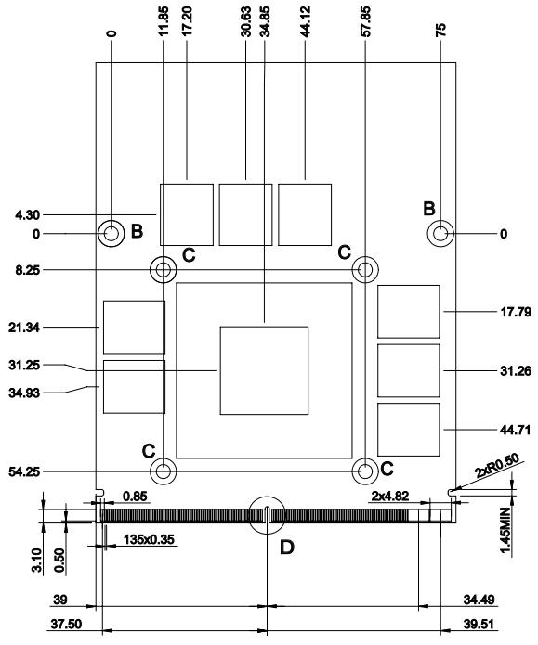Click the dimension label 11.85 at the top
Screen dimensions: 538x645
pyautogui.click(x=164, y=21)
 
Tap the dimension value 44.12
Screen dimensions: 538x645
pyautogui.click(x=306, y=21)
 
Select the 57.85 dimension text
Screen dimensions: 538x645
pyautogui.click(x=365, y=21)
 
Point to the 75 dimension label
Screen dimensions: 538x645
pyautogui.click(x=440, y=30)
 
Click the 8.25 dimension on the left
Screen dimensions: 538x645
pyautogui.click(x=28, y=270)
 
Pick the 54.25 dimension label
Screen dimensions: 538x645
pyautogui.click(x=24, y=471)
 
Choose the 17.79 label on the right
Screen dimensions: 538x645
pyautogui.click(x=516, y=312)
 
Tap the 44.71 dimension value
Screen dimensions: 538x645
pyautogui.click(x=516, y=431)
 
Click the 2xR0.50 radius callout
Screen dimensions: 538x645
pyautogui.click(x=497, y=465)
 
